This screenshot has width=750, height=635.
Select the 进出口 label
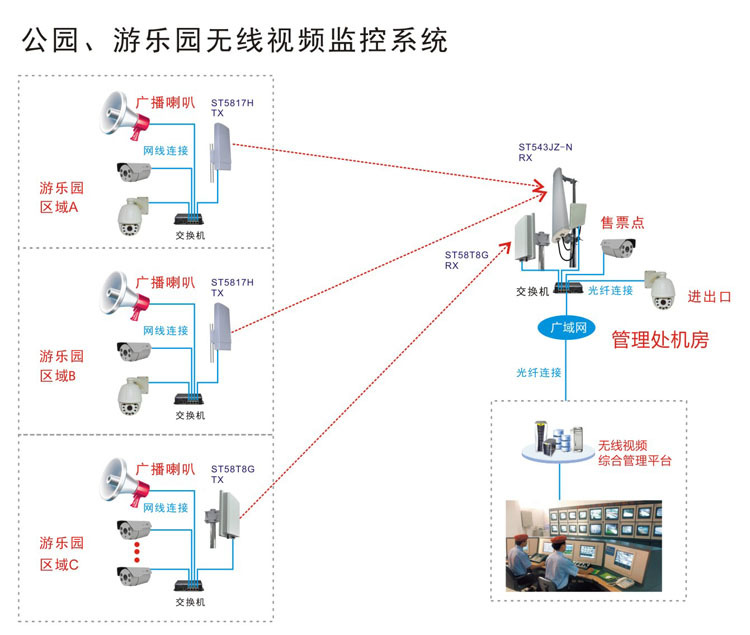point(710,297)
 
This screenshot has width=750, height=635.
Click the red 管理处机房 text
point(660,340)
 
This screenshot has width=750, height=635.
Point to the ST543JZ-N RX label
point(545,152)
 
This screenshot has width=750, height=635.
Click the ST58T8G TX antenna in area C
point(217,526)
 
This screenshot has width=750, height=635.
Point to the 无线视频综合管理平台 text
point(635,453)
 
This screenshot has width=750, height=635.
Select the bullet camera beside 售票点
point(613,249)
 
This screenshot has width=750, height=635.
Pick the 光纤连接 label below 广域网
point(539,372)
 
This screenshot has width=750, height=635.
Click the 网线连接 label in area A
point(165,150)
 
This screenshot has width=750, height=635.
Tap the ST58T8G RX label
point(466,261)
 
